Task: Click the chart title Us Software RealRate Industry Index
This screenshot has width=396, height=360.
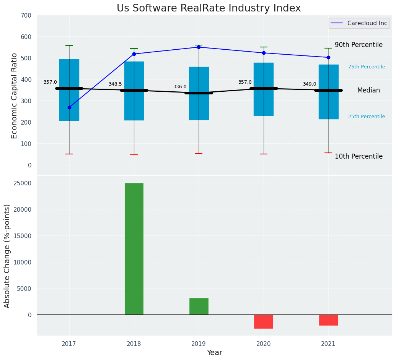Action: (x=209, y=8)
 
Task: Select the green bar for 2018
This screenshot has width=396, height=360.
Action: (x=134, y=249)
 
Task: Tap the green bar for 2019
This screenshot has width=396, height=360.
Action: (x=199, y=306)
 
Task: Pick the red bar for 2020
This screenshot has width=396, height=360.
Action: (x=264, y=321)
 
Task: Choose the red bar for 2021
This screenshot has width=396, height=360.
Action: (x=328, y=320)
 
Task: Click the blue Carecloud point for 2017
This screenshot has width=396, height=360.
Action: (x=69, y=107)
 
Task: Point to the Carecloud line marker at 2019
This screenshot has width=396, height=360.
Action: (x=199, y=47)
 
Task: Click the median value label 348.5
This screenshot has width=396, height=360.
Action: (x=115, y=84)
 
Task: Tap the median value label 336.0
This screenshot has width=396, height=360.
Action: (x=180, y=87)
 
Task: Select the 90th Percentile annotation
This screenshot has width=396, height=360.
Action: (x=359, y=45)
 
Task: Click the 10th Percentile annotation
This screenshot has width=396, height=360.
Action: (x=359, y=156)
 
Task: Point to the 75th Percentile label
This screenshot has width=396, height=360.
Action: (x=367, y=67)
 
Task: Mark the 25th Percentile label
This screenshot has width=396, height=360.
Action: (x=367, y=117)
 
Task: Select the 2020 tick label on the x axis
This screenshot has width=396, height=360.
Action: (x=264, y=344)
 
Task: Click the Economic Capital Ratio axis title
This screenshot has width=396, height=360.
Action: (x=15, y=96)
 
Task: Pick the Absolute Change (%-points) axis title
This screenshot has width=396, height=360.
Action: (x=7, y=256)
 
